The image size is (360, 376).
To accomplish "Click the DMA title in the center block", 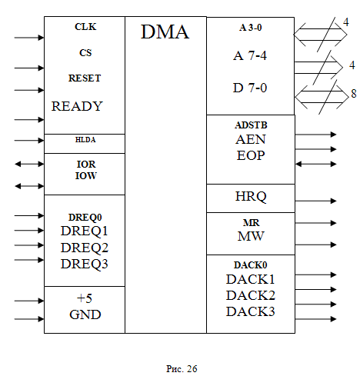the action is (x=165, y=32).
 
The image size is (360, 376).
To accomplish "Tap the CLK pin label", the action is (x=85, y=27).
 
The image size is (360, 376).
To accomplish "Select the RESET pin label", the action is (x=85, y=78).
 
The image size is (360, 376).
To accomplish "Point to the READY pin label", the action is (x=77, y=106).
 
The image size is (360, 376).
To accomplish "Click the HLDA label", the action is (x=85, y=140).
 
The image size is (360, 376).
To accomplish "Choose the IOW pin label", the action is (x=86, y=176).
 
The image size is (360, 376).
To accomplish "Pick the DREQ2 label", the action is (x=85, y=248).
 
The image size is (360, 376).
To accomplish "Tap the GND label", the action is (x=85, y=314).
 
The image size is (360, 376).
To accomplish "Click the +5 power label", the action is (x=85, y=298).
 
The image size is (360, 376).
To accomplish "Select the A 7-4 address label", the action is (x=250, y=55).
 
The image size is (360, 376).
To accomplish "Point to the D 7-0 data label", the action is (x=250, y=88).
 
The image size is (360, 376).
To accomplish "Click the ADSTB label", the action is (x=251, y=125).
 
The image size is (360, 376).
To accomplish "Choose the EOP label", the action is (x=251, y=155).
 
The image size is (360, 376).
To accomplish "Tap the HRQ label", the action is (x=251, y=197).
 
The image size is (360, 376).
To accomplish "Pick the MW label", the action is (x=251, y=236).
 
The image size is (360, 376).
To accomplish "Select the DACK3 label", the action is (x=251, y=311).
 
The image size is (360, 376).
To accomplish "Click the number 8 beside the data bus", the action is (x=354, y=94).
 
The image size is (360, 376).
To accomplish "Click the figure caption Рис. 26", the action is (x=182, y=369).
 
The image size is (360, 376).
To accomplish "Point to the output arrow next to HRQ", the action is (x=315, y=201).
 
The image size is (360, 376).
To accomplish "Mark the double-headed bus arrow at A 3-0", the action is (x=320, y=35).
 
